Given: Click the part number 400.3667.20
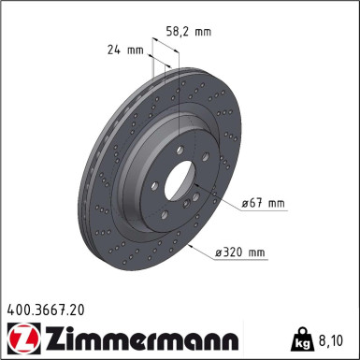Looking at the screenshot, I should click(45, 308).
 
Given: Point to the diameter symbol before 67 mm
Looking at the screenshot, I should click(245, 203).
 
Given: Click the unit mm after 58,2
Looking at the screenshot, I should click(202, 31).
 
